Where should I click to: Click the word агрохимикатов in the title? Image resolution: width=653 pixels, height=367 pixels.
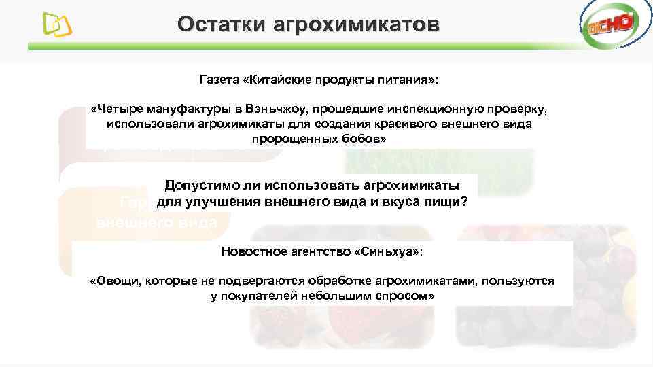click(356, 25)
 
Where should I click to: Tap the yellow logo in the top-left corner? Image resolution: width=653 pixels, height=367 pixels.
click(58, 26)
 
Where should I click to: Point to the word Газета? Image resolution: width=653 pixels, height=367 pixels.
click(219, 80)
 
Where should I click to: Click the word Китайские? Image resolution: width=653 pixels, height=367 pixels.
click(276, 80)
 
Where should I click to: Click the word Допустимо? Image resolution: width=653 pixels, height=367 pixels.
click(200, 186)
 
